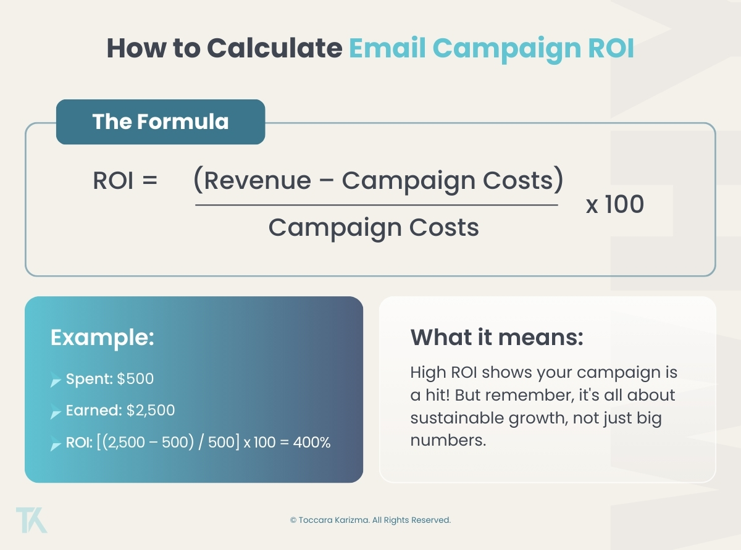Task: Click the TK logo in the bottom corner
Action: (31, 520)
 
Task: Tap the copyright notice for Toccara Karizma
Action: (371, 520)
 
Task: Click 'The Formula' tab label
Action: (161, 122)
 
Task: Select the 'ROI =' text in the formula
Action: (125, 181)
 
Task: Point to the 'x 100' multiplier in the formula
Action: (614, 204)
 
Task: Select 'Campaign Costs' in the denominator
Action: (374, 228)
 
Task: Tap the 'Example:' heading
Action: (102, 338)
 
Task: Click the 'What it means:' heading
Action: (496, 338)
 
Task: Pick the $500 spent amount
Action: (135, 378)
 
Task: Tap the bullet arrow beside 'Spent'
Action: (56, 380)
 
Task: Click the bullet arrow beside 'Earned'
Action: (56, 412)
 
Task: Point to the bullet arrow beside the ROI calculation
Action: (56, 444)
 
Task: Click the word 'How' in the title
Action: (132, 48)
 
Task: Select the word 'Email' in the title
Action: (387, 48)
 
